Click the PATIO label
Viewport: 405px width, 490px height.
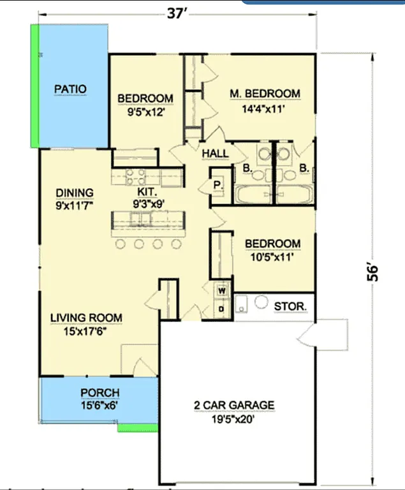(70, 89)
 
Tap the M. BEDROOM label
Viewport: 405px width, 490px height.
(264, 94)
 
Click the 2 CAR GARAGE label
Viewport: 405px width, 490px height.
(234, 405)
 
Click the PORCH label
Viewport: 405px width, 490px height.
(99, 392)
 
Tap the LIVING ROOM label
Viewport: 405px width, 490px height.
(87, 318)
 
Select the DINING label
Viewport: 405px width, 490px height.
(74, 193)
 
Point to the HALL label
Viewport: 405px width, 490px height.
(215, 154)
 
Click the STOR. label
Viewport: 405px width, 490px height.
(290, 306)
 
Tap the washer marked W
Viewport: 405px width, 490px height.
(221, 291)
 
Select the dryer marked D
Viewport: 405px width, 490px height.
(221, 309)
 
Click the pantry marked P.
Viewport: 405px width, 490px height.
(217, 185)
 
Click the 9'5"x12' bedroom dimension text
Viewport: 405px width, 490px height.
(145, 111)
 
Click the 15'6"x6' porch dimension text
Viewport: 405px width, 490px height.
(99, 405)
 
